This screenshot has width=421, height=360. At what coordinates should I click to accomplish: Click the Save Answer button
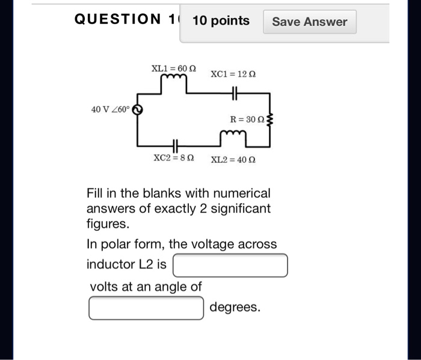click(310, 22)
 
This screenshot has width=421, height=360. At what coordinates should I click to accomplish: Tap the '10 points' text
click(221, 21)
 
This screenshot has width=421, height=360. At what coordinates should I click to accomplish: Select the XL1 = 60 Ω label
click(173, 68)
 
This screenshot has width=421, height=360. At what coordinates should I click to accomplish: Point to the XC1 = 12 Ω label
click(233, 74)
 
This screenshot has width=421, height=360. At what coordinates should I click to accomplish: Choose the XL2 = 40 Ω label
click(233, 160)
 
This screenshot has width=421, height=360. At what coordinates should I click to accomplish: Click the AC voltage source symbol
click(137, 110)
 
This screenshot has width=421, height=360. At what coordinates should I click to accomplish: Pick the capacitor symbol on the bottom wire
click(175, 145)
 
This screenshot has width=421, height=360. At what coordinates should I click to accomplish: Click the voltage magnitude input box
click(230, 265)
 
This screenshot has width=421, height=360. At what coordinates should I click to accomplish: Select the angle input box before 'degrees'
click(146, 308)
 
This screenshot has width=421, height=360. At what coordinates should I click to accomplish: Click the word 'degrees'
click(235, 308)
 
